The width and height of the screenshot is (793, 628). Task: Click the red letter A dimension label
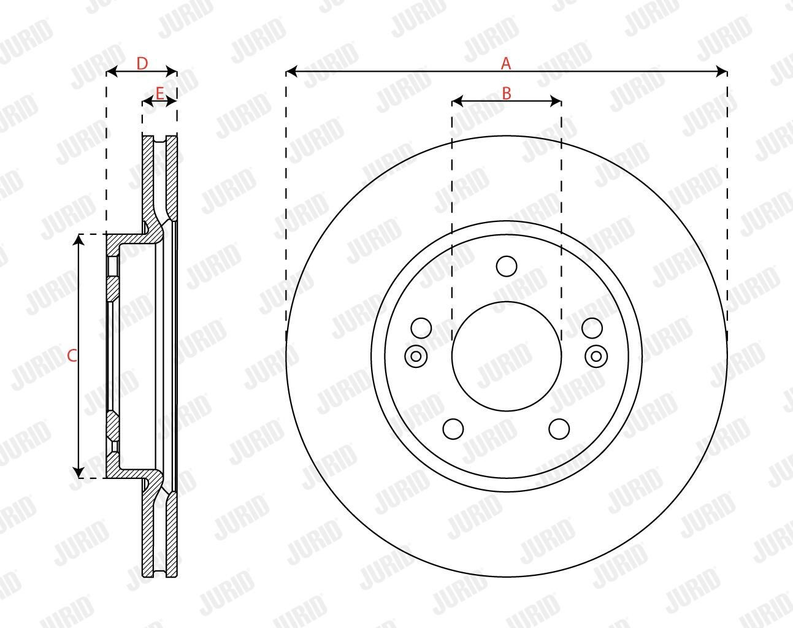(506, 63)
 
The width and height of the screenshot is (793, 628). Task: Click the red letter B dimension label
(507, 94)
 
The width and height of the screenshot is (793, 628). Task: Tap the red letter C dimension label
(72, 356)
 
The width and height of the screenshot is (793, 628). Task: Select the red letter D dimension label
(142, 64)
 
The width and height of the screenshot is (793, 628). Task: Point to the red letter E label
(159, 93)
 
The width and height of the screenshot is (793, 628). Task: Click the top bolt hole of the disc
(507, 266)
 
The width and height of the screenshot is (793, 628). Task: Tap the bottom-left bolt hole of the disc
(453, 429)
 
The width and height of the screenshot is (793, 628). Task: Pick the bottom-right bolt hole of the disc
(559, 429)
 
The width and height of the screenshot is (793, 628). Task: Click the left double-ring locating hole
(416, 356)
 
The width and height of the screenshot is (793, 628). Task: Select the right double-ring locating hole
(596, 356)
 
